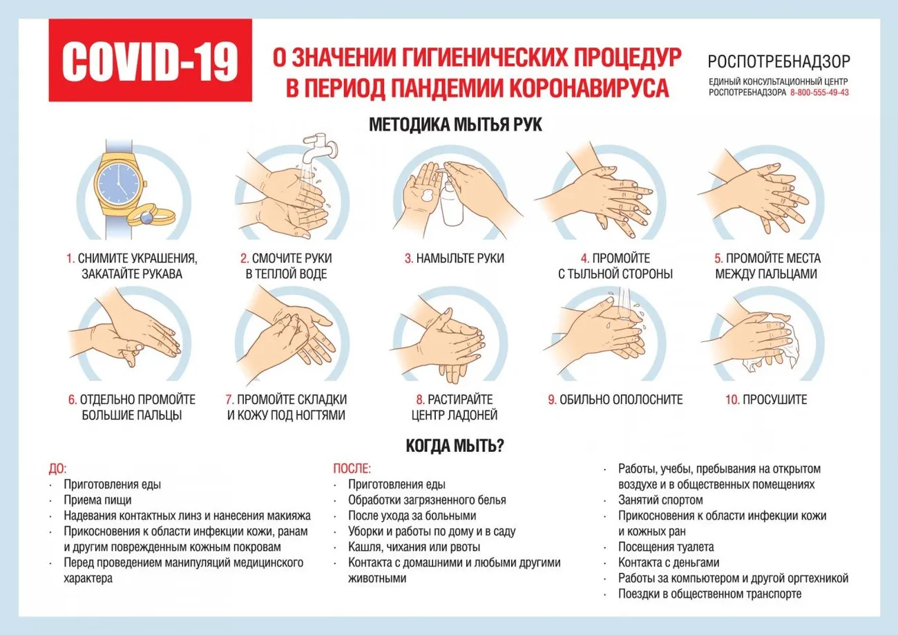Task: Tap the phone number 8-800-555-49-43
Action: (x=819, y=92)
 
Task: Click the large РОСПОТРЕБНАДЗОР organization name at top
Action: (x=779, y=62)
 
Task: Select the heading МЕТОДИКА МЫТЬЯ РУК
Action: (x=456, y=125)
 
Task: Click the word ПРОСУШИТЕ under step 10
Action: (x=774, y=399)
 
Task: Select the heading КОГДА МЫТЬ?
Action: (x=455, y=446)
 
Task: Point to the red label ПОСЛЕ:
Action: (x=352, y=468)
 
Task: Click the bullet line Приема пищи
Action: (x=97, y=500)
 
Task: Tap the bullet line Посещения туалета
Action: (x=666, y=547)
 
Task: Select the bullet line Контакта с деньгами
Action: (x=669, y=562)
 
